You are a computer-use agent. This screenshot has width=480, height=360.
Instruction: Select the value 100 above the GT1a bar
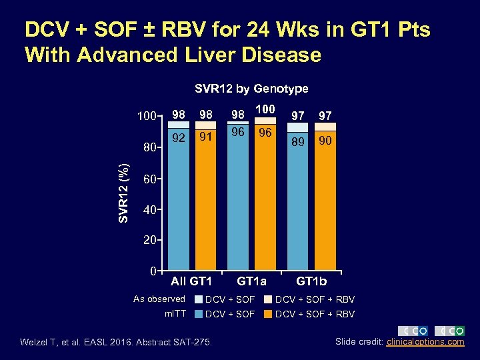pyautogui.click(x=265, y=109)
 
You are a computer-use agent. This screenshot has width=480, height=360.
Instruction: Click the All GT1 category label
pyautogui.click(x=191, y=281)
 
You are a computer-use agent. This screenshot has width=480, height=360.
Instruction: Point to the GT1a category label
pyautogui.click(x=251, y=281)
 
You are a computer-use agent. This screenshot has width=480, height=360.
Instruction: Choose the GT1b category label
pyautogui.click(x=311, y=281)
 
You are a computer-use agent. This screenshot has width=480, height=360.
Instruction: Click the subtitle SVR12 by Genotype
pyautogui.click(x=251, y=88)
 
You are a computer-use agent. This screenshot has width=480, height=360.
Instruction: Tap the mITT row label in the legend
pyautogui.click(x=173, y=313)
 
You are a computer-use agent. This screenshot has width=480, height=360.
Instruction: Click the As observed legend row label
pyautogui.click(x=159, y=299)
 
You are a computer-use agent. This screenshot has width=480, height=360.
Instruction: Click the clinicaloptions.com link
pyautogui.click(x=425, y=342)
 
